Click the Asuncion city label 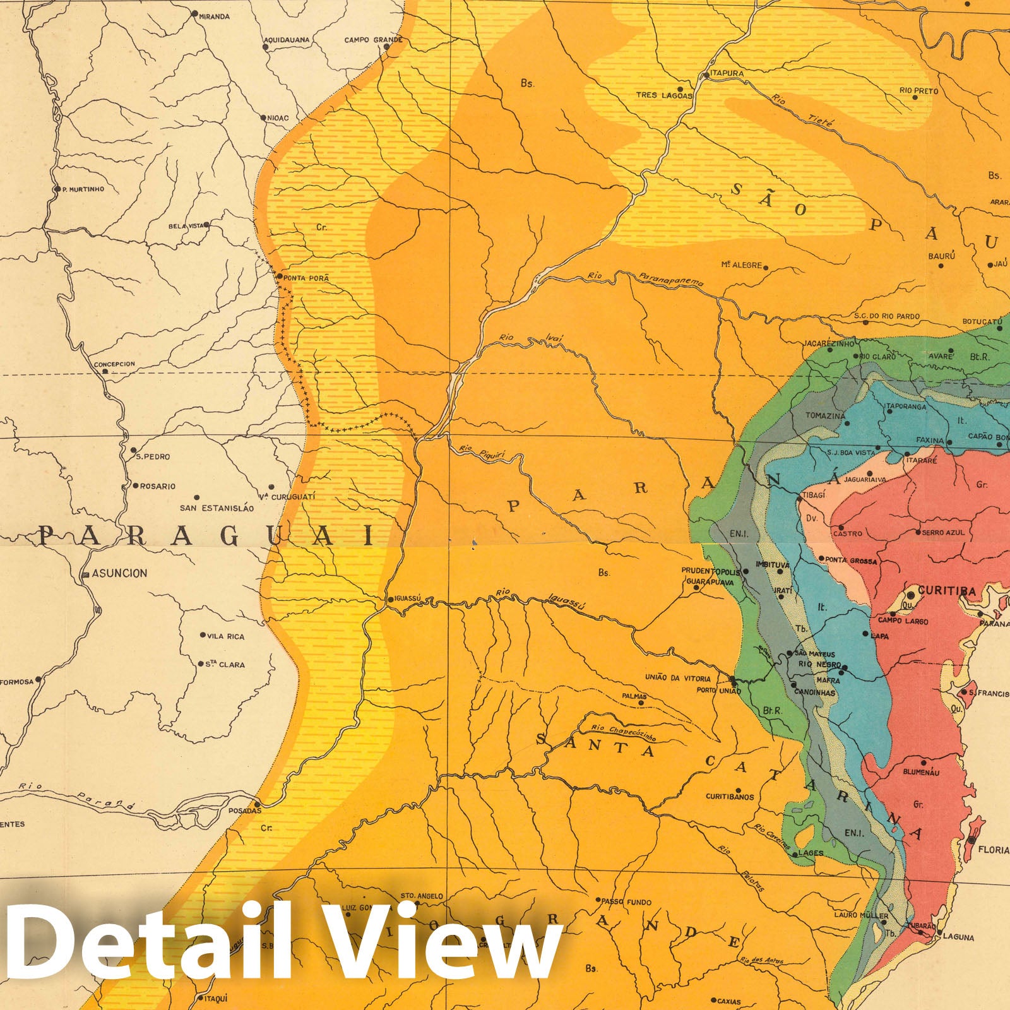tap(119, 573)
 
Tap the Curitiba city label tap(946, 591)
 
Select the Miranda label tap(213, 16)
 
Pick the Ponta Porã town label tap(307, 278)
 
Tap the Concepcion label tap(114, 364)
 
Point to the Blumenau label tap(922, 772)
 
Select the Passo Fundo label tap(626, 902)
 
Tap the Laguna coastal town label tap(958, 937)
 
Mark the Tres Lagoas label tap(664, 95)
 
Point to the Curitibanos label tap(730, 797)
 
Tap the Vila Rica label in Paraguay tap(226, 636)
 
